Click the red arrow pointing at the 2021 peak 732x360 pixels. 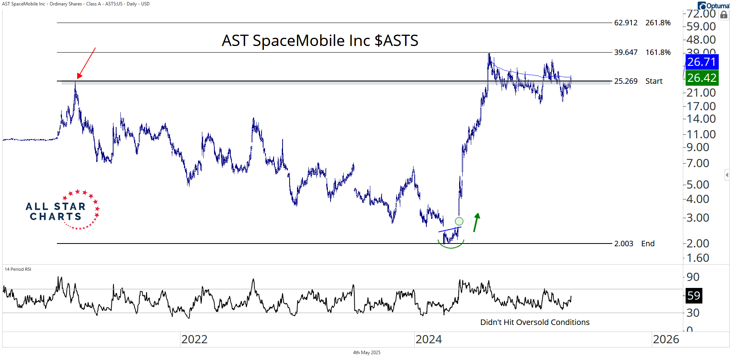coord(87,63)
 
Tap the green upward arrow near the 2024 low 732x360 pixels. coord(476,222)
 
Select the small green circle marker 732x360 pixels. coord(459,221)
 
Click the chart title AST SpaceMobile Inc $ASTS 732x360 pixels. coord(320,41)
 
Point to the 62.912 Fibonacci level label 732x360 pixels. coord(626,23)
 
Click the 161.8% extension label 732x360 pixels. coord(658,52)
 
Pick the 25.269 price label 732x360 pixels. coord(626,81)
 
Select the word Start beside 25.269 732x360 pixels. coord(654,81)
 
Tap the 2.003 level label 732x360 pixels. coord(624,244)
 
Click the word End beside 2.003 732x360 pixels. coord(648,244)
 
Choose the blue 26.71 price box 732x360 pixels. coord(702,62)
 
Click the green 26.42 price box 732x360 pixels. coord(702,78)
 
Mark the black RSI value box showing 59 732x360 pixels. coord(693,295)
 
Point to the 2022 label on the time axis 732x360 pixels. coord(194,339)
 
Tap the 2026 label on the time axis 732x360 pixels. coord(666,339)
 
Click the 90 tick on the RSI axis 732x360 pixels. coord(693,277)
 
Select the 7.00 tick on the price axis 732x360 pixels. coord(698,163)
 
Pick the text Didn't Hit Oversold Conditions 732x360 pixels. coord(535,322)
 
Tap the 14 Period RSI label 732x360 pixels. coord(18,269)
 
